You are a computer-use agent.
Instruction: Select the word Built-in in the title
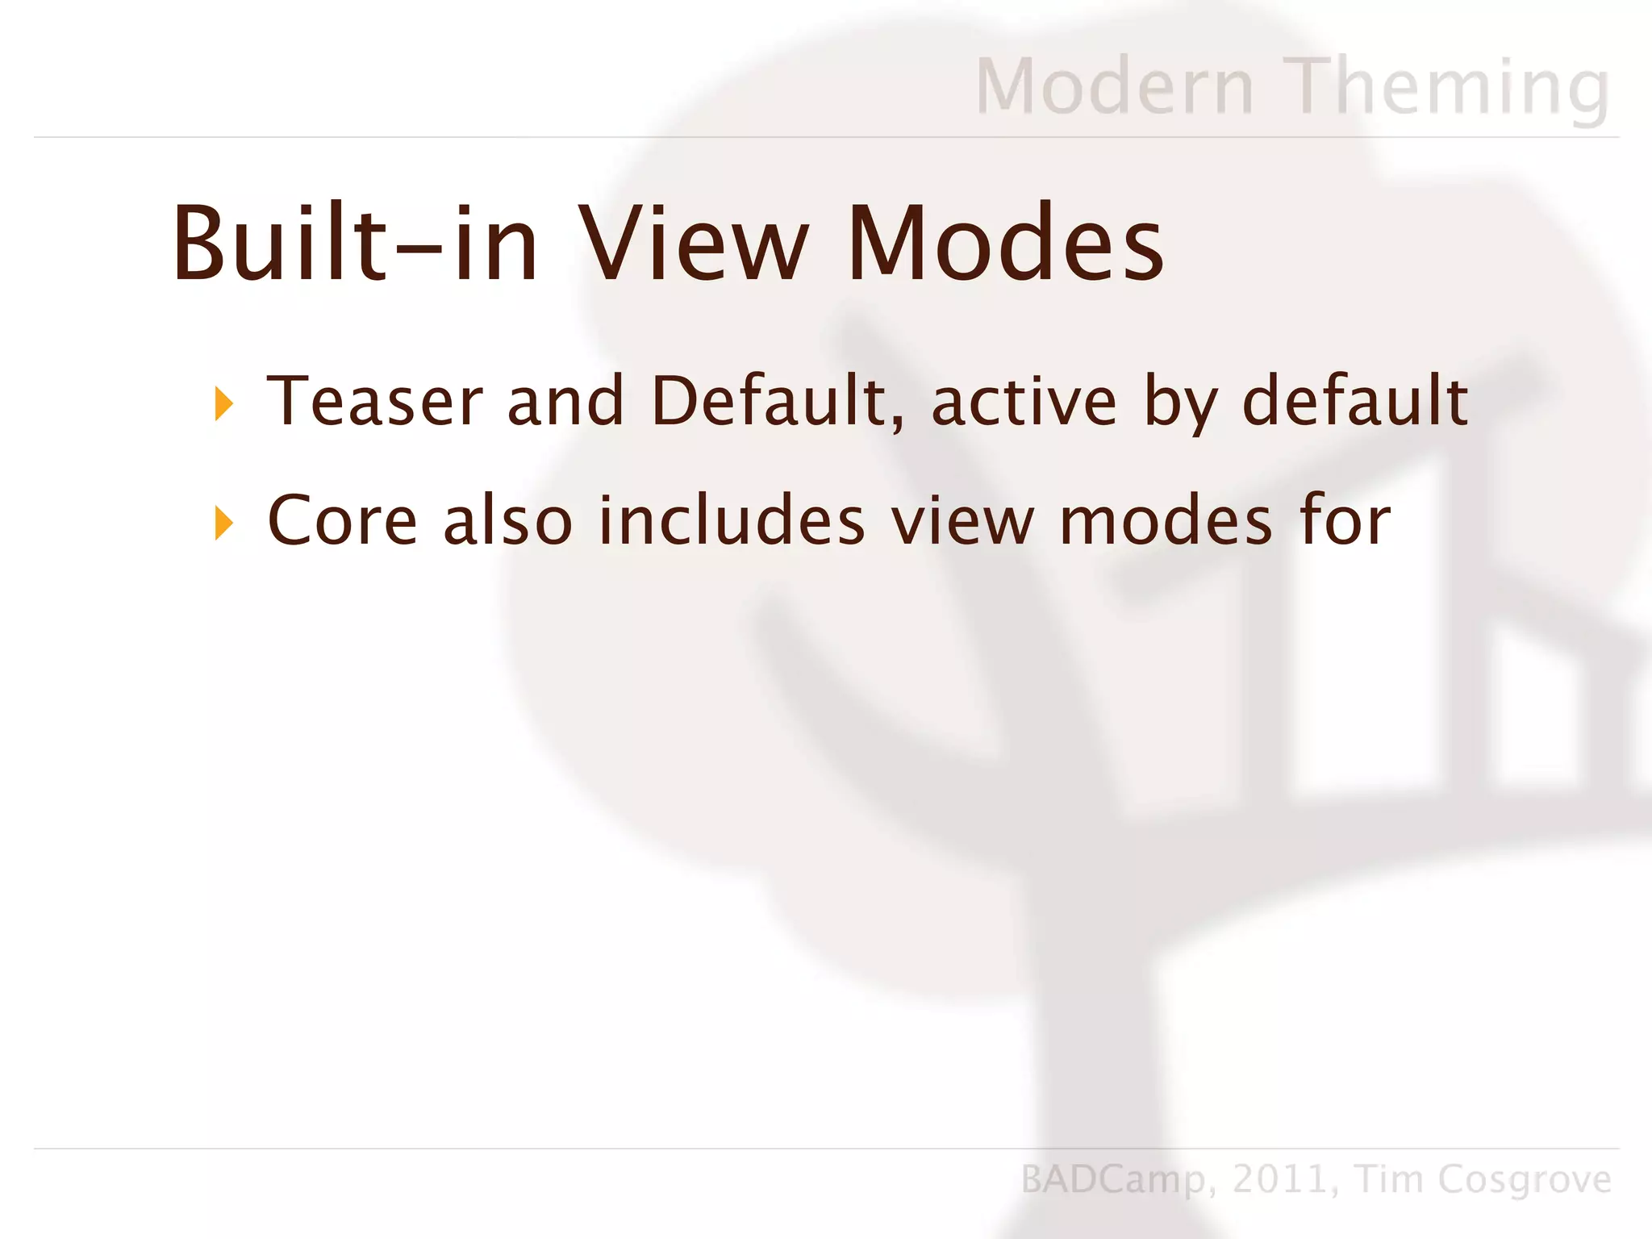[355, 244]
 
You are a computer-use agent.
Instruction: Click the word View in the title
[694, 244]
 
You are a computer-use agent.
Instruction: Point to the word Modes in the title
[1005, 244]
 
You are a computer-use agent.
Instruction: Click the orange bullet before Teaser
[224, 403]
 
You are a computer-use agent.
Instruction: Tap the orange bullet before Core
[224, 524]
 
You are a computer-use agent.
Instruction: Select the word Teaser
[374, 401]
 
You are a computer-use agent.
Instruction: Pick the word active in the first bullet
[1024, 401]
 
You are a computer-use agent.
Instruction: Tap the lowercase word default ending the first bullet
[1354, 401]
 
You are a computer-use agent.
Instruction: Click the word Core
[342, 521]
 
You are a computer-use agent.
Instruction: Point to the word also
[507, 521]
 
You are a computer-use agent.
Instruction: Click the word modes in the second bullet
[1165, 521]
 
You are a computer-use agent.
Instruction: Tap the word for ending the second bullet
[1345, 521]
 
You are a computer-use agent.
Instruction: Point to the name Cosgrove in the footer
[1525, 1180]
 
